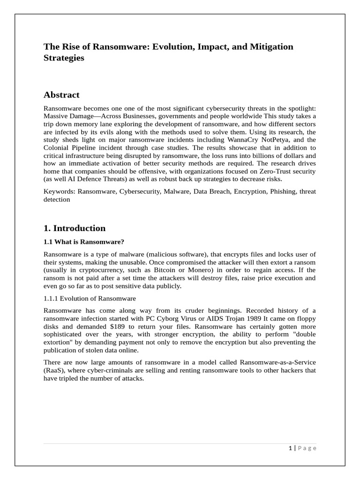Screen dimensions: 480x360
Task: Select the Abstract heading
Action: (61, 95)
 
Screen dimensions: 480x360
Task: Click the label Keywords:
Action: (60, 191)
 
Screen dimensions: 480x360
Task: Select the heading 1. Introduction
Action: (75, 228)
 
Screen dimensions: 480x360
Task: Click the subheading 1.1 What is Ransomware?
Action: (83, 242)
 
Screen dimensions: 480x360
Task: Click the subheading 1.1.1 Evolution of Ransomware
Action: (90, 299)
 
